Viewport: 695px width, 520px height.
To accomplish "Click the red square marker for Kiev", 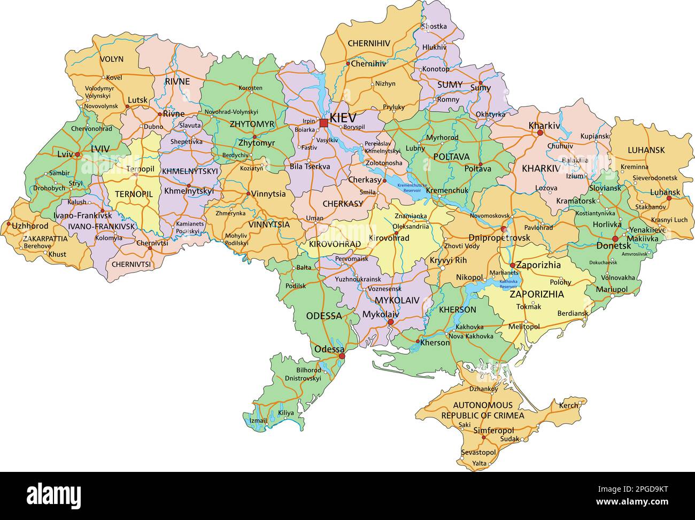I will coord(323,123).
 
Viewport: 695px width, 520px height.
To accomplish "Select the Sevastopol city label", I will coord(478,452).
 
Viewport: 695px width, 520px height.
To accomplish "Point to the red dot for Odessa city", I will coord(342,356).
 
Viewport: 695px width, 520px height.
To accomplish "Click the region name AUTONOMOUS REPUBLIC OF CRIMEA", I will coord(482,410).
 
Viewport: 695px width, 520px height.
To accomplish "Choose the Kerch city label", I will coord(568,406).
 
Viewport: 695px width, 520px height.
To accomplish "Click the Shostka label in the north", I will coord(434,26).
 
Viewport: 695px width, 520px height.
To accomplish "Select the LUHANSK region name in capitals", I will coord(646,150).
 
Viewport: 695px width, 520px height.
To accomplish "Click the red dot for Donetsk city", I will coord(615,239).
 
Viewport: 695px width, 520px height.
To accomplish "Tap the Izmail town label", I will coord(258,421).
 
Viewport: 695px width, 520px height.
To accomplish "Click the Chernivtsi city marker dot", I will coord(150,248).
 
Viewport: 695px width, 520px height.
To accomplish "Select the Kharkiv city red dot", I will coord(540,133).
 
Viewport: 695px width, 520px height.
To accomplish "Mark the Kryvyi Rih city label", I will coord(448,260).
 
